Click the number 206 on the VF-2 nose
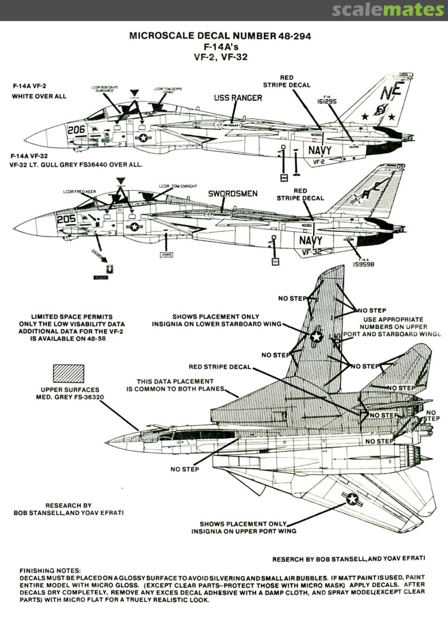76,130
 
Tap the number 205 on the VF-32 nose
66,219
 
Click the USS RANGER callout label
238,98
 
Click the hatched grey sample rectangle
68,374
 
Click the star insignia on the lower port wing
351,499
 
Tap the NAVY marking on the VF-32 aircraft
311,241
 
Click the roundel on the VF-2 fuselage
143,137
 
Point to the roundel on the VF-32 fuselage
135,227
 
